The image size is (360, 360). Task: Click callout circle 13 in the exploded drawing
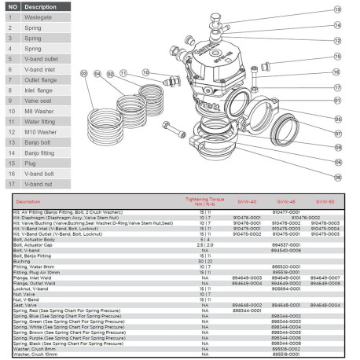click(338, 9)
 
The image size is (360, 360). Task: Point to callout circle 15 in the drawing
click(338, 57)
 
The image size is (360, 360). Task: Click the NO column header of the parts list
click(12, 6)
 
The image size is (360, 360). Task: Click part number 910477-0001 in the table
click(285, 211)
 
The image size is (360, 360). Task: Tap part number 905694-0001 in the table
click(285, 288)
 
